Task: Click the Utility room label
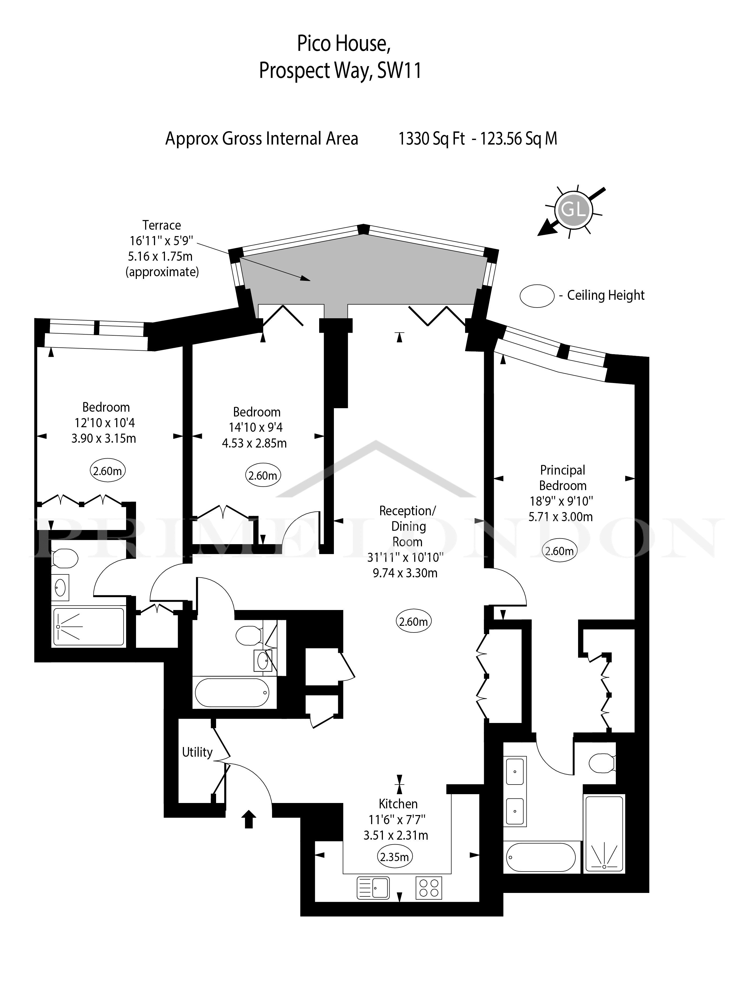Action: point(197,752)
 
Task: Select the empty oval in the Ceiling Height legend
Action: point(537,296)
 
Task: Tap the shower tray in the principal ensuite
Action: point(604,834)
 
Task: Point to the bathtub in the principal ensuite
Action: point(541,857)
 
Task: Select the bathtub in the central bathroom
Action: point(232,692)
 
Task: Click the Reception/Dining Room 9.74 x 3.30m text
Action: point(405,573)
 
